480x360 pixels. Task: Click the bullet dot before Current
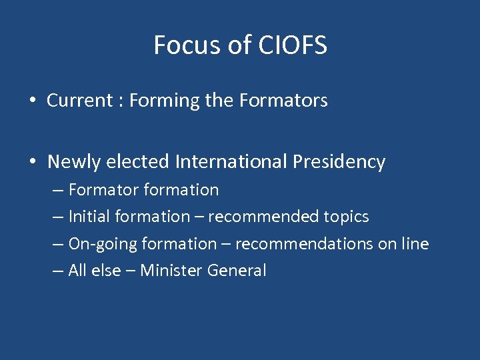[32, 101]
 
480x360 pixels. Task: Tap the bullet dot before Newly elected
[32, 162]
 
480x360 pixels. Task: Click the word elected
[139, 162]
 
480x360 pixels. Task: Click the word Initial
[89, 217]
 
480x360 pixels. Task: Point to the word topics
[346, 217]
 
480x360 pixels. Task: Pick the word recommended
[269, 217]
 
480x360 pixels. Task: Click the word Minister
[171, 271]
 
